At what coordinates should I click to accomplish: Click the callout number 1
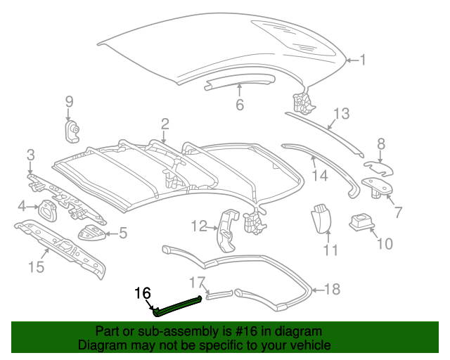tap(363, 60)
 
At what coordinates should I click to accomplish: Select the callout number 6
tap(239, 105)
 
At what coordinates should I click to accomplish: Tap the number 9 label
tap(69, 101)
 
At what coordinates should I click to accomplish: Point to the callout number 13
tap(341, 114)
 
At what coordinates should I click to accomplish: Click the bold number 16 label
tap(143, 292)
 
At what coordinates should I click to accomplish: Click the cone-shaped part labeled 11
tap(321, 217)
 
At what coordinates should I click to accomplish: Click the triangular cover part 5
tap(92, 233)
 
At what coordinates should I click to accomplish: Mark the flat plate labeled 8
tap(379, 169)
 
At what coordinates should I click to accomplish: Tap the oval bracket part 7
tap(377, 186)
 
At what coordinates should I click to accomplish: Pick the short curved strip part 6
tap(239, 82)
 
